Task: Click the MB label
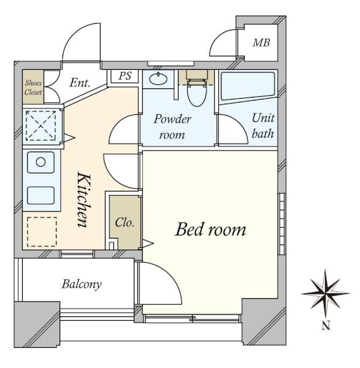(x=261, y=43)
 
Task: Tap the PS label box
(x=124, y=76)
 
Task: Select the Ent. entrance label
(x=80, y=83)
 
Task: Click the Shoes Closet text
(x=33, y=87)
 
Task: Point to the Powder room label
(x=172, y=127)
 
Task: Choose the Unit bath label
(x=263, y=126)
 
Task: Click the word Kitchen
(x=84, y=200)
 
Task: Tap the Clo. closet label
(x=124, y=222)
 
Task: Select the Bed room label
(x=210, y=229)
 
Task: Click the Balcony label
(x=82, y=284)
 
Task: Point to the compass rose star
(x=325, y=293)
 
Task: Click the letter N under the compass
(x=326, y=325)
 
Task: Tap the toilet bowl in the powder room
(x=197, y=93)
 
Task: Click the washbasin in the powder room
(x=158, y=79)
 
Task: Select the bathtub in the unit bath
(x=248, y=86)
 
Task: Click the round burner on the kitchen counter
(x=40, y=162)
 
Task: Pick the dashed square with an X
(x=41, y=126)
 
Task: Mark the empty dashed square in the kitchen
(x=42, y=232)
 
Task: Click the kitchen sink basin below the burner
(x=41, y=196)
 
